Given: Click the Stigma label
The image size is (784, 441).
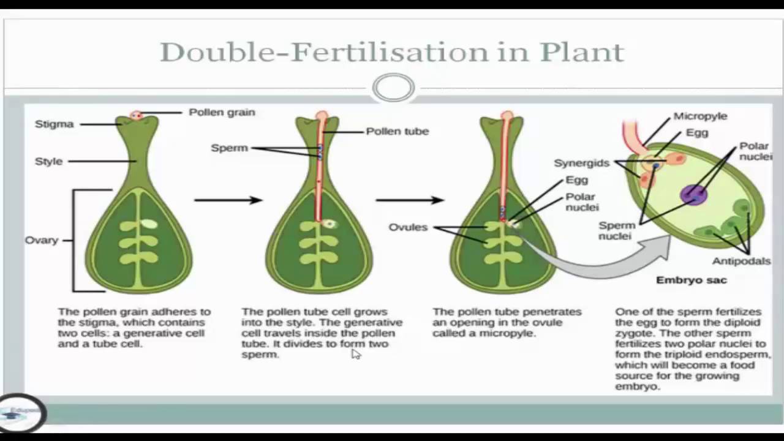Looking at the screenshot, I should point(54,124).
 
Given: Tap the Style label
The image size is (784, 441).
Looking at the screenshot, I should point(48,161).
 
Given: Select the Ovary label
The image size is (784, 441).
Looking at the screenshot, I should point(41,239).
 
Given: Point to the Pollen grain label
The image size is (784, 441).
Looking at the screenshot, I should point(222,112).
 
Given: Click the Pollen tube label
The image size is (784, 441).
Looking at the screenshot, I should point(397,131).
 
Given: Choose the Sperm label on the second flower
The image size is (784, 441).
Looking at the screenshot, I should point(229,148).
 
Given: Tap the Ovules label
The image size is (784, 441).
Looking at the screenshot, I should point(408,227).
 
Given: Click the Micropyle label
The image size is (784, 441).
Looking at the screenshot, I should point(700,116).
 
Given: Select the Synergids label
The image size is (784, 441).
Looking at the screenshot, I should point(581,163).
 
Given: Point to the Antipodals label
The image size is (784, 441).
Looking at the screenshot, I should point(741,261).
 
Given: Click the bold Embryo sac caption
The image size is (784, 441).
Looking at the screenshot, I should point(692,280).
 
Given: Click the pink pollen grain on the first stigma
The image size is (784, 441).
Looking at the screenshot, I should point(137,115).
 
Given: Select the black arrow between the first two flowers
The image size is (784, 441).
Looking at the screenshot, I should point(228,200).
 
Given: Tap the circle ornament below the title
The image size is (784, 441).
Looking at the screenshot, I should point(393,88).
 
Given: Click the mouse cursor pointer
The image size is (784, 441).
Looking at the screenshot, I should point(356,353).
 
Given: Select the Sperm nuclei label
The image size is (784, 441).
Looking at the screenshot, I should point(615,230).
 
